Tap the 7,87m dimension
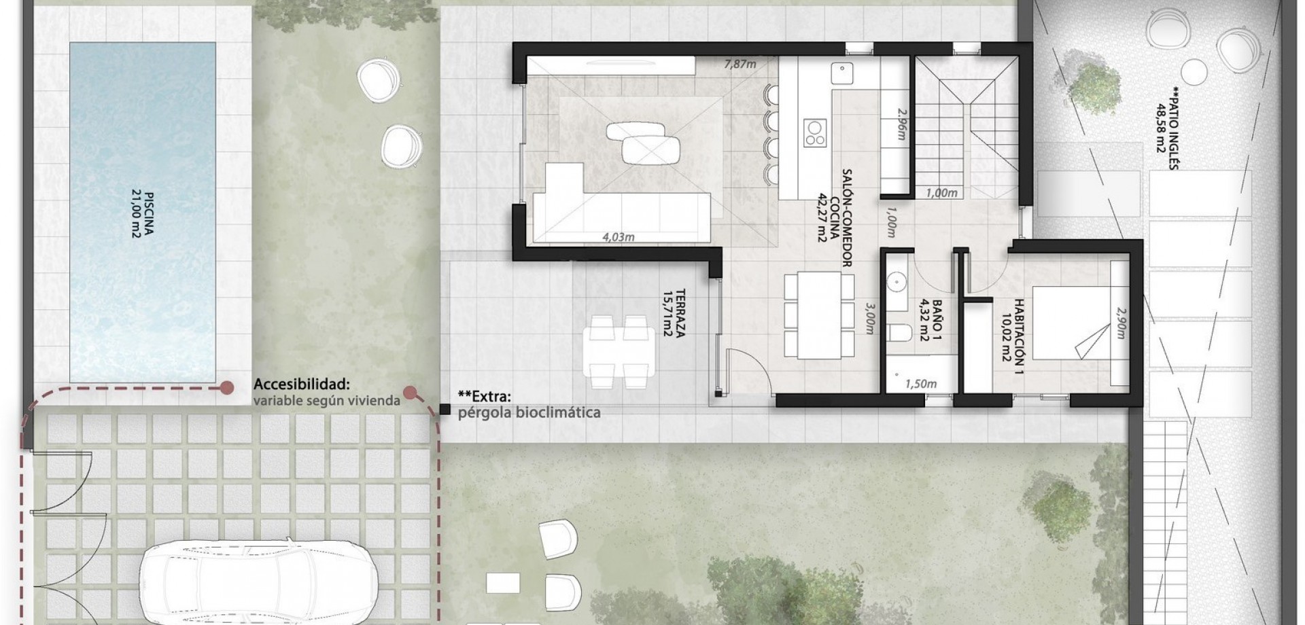pyautogui.click(x=740, y=65)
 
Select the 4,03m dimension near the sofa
pyautogui.click(x=619, y=237)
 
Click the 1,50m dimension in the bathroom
pyautogui.click(x=921, y=384)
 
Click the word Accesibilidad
pyautogui.click(x=302, y=385)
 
